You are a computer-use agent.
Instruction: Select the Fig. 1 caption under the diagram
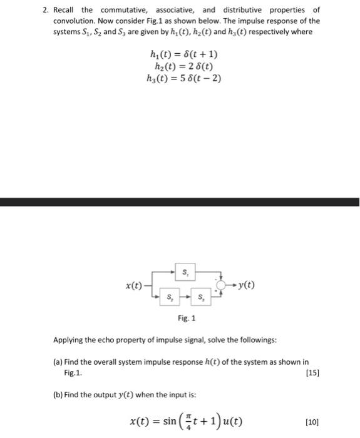186,318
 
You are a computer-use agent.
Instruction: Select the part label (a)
59,362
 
